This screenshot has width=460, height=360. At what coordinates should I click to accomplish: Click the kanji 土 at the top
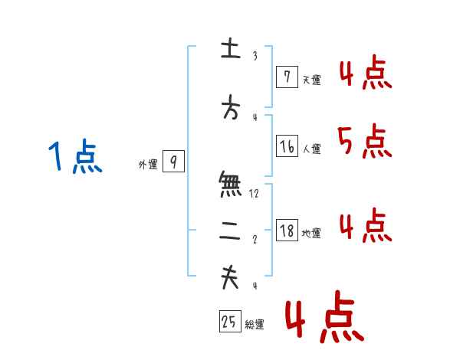pyautogui.click(x=230, y=51)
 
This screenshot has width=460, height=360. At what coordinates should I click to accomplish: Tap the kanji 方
pyautogui.click(x=230, y=110)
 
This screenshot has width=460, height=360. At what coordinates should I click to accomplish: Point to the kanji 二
pyautogui.click(x=230, y=234)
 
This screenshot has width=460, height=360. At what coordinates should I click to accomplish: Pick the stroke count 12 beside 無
pyautogui.click(x=255, y=194)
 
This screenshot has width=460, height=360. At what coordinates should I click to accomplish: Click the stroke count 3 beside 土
pyautogui.click(x=255, y=56)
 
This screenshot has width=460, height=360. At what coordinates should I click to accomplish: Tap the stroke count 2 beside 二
pyautogui.click(x=255, y=240)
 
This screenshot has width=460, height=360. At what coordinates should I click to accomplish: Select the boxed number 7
pyautogui.click(x=286, y=77)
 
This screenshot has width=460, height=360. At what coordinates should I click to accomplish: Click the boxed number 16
pyautogui.click(x=287, y=146)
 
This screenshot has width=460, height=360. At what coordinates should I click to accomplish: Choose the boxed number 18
pyautogui.click(x=287, y=230)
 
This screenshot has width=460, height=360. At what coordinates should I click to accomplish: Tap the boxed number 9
pyautogui.click(x=174, y=162)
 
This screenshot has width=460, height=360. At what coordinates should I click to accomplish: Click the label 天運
pyautogui.click(x=311, y=80)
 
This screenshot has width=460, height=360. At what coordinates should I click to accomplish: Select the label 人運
pyautogui.click(x=311, y=149)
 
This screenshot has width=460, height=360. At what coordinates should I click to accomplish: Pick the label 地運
pyautogui.click(x=311, y=233)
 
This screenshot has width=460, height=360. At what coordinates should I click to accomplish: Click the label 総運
pyautogui.click(x=255, y=325)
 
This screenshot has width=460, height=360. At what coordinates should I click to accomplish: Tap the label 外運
pyautogui.click(x=148, y=164)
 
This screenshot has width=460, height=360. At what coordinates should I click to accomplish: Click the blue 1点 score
pyautogui.click(x=74, y=158)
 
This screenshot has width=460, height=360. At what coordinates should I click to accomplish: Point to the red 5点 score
pyautogui.click(x=364, y=141)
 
